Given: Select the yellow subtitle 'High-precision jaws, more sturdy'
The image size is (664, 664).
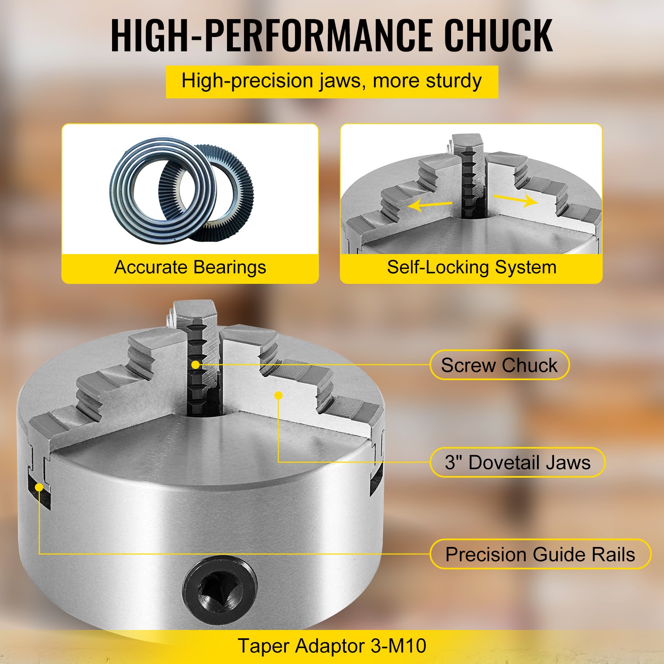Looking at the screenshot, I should (332, 81).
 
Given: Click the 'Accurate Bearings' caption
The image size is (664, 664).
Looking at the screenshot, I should (190, 268).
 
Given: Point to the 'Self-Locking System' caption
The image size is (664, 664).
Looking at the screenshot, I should (471, 268).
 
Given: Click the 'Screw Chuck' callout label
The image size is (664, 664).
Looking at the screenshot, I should (499, 365).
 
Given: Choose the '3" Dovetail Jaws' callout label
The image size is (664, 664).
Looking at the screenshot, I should (518, 462).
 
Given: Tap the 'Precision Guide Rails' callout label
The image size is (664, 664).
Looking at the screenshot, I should (540, 554).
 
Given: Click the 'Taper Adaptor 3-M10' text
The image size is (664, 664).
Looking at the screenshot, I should (332, 646).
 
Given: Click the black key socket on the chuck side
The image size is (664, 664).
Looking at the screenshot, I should (219, 588).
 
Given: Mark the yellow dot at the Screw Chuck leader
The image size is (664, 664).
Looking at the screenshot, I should (195, 365).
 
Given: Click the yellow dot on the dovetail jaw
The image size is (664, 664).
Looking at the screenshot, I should (279, 395).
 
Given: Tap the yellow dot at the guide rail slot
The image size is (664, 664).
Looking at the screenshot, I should (39, 487).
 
